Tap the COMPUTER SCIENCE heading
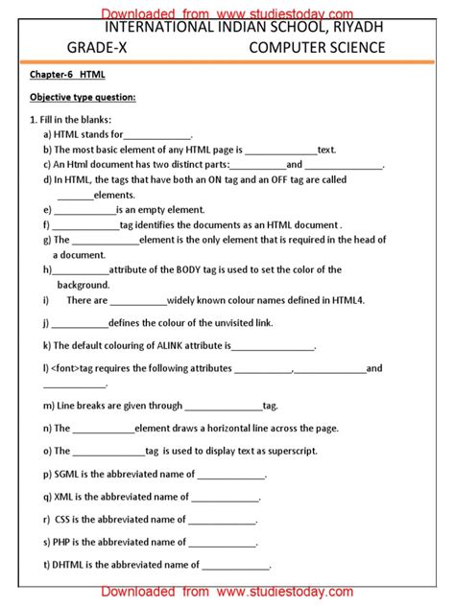pos(317,47)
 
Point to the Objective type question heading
pos(82,97)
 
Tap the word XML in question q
pos(64,497)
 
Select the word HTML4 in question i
pos(347,300)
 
